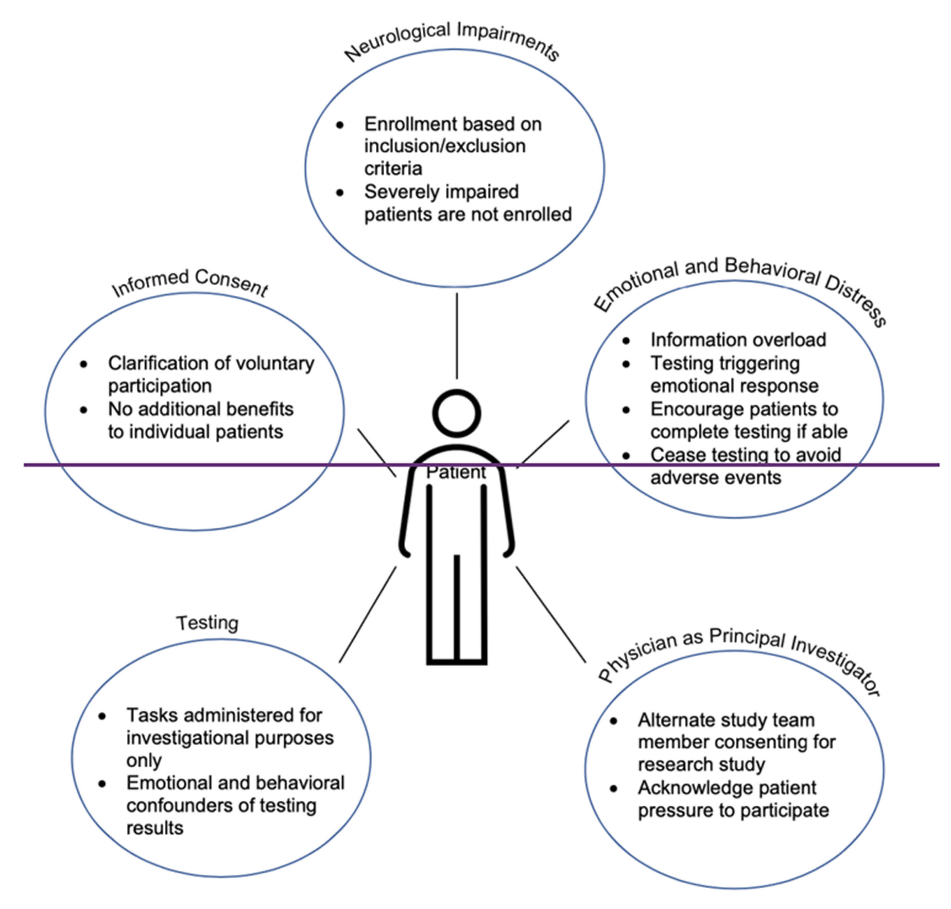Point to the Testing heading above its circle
tap(207, 623)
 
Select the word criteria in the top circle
tap(393, 169)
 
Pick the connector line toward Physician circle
tap(551, 614)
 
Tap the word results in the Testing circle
tap(155, 828)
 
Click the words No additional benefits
tap(200, 409)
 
